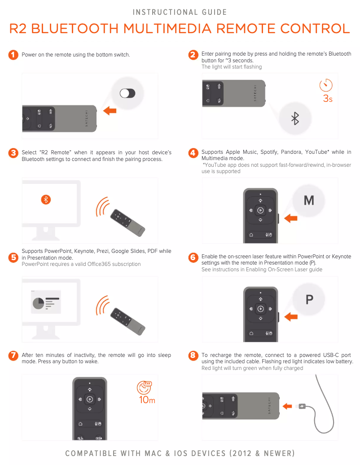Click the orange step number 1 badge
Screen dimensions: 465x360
13,55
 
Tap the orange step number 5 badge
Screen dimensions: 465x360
13,257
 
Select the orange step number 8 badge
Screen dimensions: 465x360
193,356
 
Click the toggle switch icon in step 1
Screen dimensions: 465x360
127,93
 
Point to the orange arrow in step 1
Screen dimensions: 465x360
110,111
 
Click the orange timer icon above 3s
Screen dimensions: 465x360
326,85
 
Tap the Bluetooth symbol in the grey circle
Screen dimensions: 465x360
295,119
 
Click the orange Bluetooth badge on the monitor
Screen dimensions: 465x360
46,200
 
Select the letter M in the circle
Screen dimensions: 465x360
308,200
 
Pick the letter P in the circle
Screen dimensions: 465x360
309,300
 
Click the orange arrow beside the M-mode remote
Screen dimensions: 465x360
291,218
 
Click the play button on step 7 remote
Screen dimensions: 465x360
90,399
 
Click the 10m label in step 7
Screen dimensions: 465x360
147,400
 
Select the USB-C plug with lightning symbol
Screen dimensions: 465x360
302,406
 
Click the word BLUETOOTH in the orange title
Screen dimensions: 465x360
75,29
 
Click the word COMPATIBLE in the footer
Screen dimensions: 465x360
90,453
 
